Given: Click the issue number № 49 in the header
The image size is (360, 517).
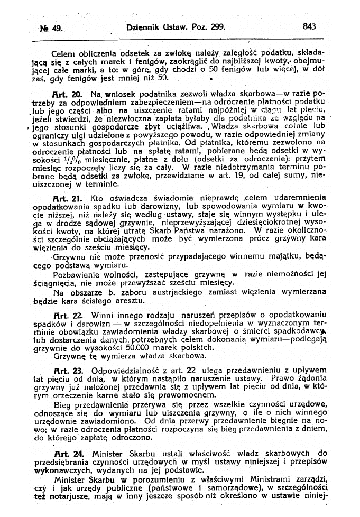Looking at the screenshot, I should pyautogui.click(x=51, y=27).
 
